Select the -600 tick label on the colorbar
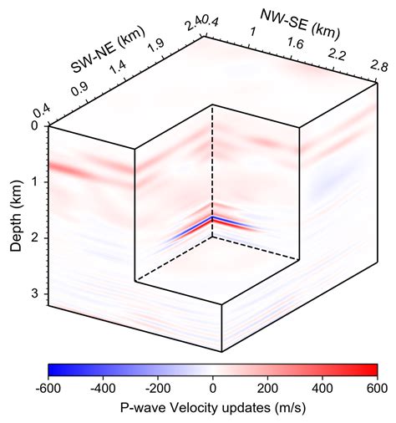(48, 389)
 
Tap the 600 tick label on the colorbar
(377, 389)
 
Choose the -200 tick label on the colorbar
(157, 389)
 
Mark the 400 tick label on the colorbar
(322, 389)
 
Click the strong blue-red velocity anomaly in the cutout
(213, 222)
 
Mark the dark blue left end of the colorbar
(53, 369)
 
